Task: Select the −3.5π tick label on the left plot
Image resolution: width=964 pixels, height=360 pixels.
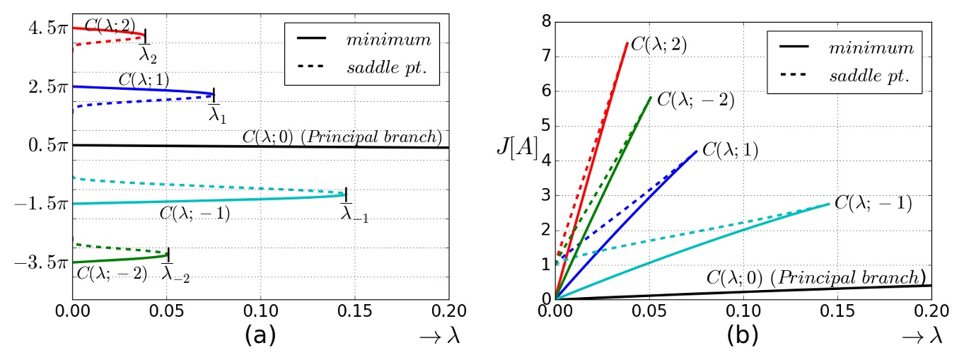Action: pos(40,262)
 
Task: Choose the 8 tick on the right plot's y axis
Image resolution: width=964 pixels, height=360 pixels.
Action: pos(545,22)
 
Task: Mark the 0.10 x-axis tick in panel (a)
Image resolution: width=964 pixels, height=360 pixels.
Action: pos(260,310)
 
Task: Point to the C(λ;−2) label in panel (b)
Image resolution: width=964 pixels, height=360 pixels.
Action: pos(695,100)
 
